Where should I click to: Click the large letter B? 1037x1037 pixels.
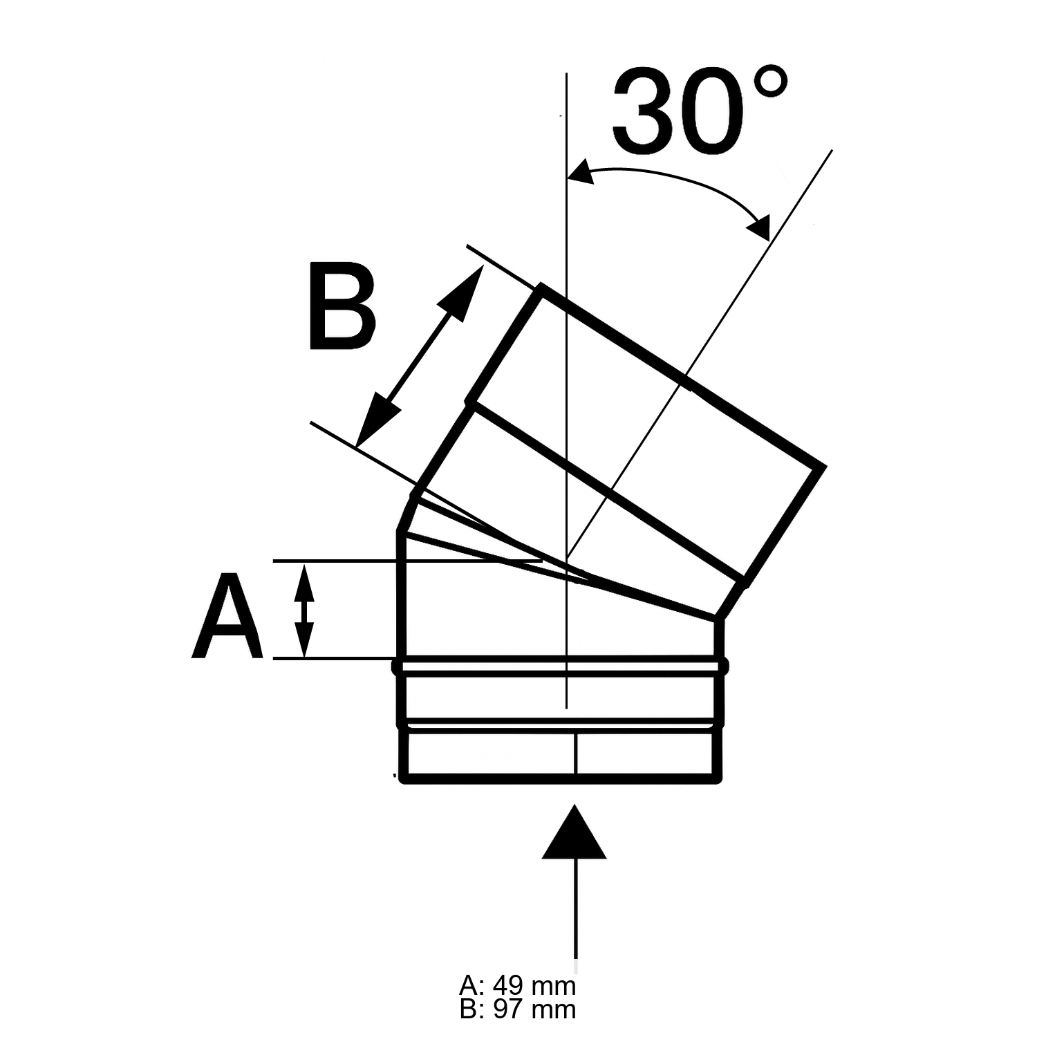tap(342, 306)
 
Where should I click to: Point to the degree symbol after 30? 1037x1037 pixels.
tap(770, 83)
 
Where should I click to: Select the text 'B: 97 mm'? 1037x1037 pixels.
tap(517, 1009)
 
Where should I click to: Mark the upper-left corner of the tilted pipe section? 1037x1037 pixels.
tap(540, 286)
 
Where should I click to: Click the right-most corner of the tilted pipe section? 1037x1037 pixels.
tap(823, 467)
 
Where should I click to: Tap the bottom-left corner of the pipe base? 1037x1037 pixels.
tap(403, 781)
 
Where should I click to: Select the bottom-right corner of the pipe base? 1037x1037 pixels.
tap(719, 781)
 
